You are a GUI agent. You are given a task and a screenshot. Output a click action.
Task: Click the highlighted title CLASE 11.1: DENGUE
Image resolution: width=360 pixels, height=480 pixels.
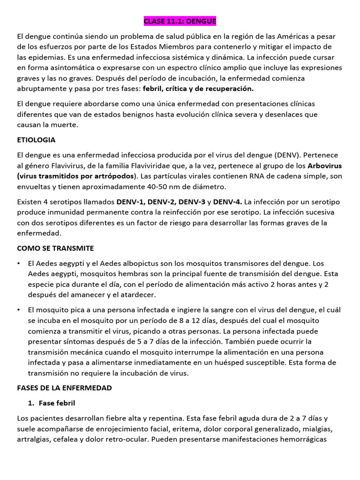[180, 22]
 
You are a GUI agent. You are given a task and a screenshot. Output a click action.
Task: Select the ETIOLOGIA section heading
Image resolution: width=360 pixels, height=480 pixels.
[36, 140]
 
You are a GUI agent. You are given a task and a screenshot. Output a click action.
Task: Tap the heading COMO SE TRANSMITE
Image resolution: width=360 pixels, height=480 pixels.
[55, 248]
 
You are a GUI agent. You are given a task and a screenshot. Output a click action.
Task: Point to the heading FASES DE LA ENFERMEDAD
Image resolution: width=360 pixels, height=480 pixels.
[64, 388]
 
